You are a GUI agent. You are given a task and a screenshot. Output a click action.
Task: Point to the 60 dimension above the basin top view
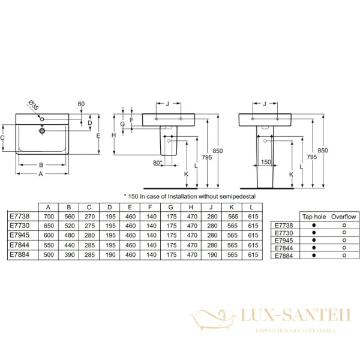click(80, 104)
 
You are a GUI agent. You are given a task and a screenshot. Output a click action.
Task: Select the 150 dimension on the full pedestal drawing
click(266, 162)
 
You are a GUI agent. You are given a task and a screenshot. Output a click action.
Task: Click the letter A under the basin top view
click(41, 175)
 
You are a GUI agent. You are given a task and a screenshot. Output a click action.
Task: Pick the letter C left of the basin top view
click(4, 138)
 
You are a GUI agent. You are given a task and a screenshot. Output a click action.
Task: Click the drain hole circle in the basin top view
click(42, 130)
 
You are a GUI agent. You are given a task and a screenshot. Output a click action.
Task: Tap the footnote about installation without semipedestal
click(190, 196)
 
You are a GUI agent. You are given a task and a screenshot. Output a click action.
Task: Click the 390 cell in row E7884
click(70, 256)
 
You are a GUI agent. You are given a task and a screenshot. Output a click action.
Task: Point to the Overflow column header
click(344, 216)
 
